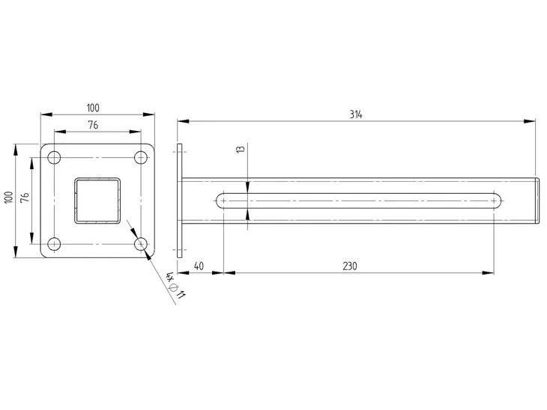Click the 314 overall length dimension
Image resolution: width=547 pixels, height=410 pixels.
[x=356, y=114]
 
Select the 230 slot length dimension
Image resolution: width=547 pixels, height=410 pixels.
[x=349, y=266]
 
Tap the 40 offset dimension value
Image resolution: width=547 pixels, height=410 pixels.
[x=199, y=266]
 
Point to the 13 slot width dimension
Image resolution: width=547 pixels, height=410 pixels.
[x=241, y=149]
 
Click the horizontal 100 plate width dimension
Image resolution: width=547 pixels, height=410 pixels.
[x=93, y=108]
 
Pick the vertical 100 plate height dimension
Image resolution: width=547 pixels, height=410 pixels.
[x=9, y=198]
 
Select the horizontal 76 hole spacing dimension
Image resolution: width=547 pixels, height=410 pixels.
[x=93, y=125]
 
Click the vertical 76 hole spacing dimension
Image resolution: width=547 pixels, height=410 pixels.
[x=25, y=198]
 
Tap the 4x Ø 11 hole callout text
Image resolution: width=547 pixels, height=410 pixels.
[x=175, y=285]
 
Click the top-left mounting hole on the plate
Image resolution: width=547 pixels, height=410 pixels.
[x=54, y=158]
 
